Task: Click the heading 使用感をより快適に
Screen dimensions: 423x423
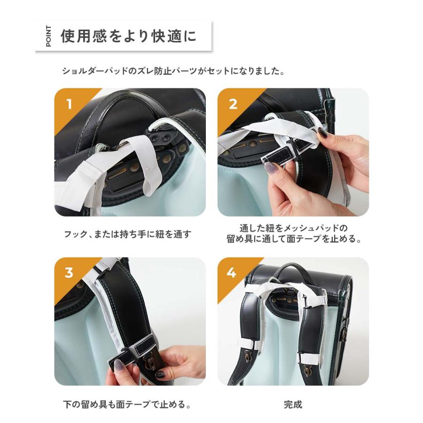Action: click(128, 37)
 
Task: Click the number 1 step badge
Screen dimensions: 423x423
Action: click(70, 104)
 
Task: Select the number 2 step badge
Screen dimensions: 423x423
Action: click(233, 104)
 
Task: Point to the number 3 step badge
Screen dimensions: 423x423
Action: click(70, 273)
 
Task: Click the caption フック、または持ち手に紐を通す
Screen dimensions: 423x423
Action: click(128, 234)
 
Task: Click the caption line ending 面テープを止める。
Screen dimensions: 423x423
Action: click(293, 239)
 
